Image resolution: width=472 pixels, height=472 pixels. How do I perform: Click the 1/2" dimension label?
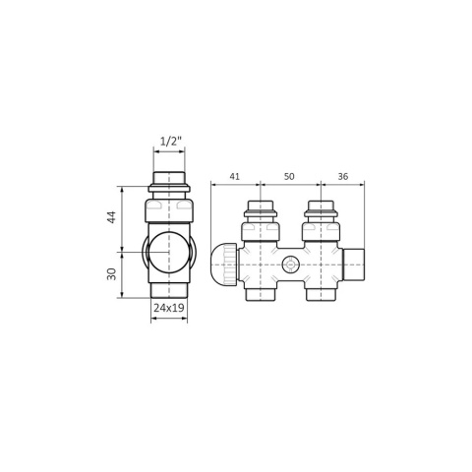click(170, 142)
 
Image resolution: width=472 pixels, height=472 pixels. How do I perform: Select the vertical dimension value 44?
click(112, 217)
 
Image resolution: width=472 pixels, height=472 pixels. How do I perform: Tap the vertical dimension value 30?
click(112, 274)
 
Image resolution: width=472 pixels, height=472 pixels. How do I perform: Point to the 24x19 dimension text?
click(169, 308)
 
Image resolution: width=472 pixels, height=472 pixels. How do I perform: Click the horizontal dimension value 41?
click(234, 176)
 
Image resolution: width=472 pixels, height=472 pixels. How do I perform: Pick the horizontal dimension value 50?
click(289, 176)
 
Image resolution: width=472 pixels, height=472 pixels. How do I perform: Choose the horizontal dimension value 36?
click(342, 176)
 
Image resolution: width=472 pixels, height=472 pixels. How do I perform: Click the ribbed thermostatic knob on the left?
click(223, 265)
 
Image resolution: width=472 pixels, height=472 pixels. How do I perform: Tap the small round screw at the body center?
click(290, 265)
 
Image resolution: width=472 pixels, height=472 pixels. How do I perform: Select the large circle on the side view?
click(169, 252)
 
